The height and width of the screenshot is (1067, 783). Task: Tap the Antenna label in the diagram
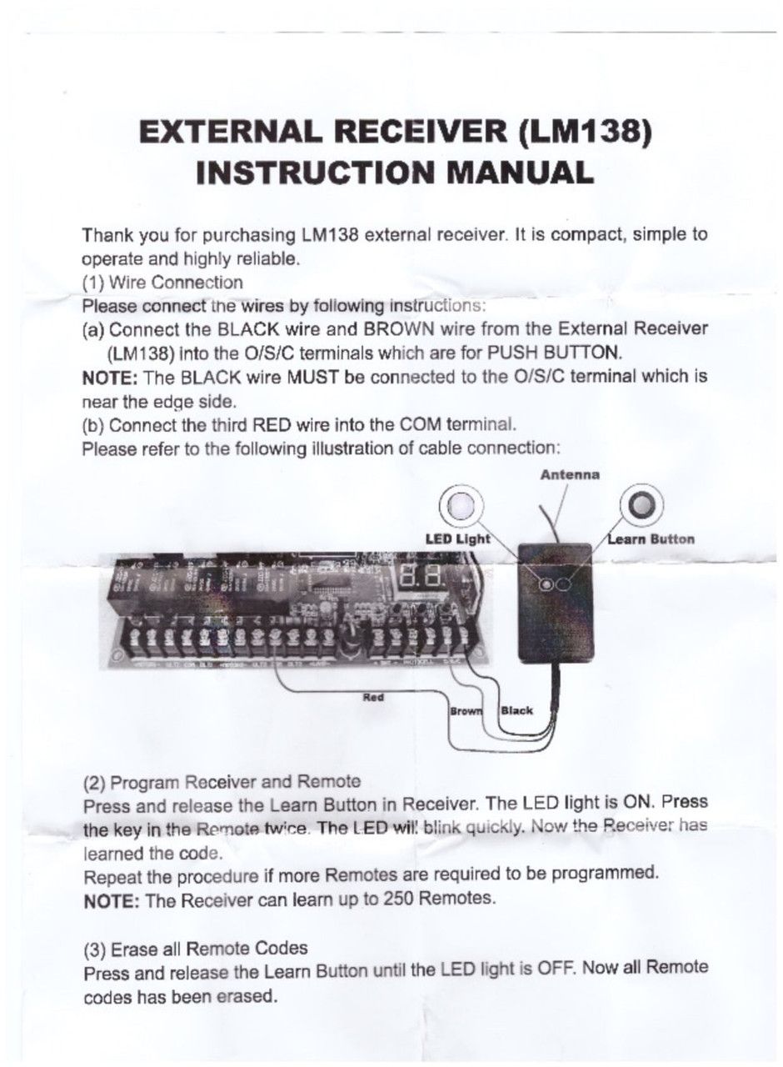570,474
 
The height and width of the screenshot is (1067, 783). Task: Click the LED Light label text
458,539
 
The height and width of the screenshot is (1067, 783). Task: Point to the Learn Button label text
651,539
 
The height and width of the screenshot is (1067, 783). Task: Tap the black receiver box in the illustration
553,603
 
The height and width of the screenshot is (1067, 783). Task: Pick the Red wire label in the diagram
373,697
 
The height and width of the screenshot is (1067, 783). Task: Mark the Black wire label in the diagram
516,711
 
